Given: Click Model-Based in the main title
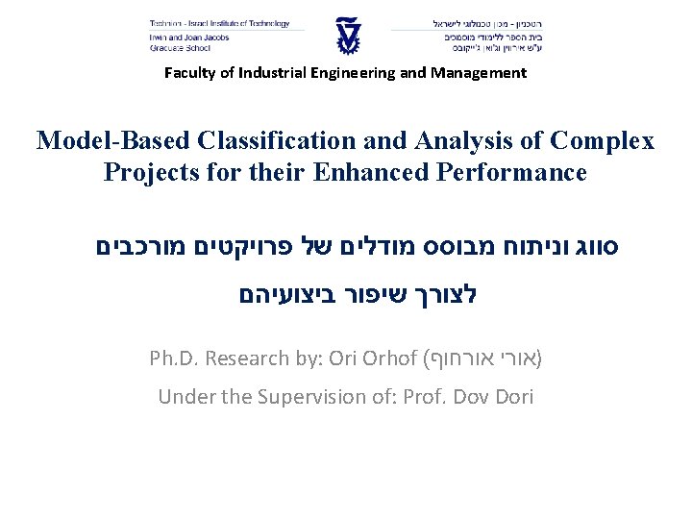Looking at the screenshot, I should [97, 141].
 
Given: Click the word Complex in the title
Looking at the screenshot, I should [603, 141].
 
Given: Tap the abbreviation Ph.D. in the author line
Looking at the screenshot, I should [174, 358].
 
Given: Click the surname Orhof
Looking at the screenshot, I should [387, 358].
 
